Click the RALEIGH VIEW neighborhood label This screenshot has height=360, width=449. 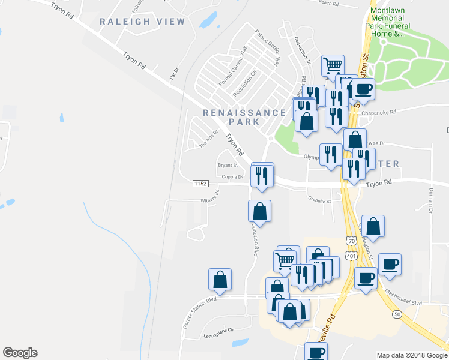(142, 22)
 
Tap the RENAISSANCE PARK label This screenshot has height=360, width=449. (244, 117)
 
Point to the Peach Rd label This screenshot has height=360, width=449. (329, 3)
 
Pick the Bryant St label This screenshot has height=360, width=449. (228, 165)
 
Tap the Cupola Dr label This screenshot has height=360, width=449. (232, 177)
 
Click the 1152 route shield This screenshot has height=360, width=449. (200, 182)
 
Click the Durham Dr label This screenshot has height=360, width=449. (430, 200)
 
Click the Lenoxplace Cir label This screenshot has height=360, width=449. (218, 332)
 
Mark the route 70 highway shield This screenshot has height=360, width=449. (351, 241)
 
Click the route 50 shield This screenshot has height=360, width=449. (397, 314)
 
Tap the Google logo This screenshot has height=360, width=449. (20, 353)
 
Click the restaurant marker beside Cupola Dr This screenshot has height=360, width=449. (261, 175)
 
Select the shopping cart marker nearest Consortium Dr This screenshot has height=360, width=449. (332, 65)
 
